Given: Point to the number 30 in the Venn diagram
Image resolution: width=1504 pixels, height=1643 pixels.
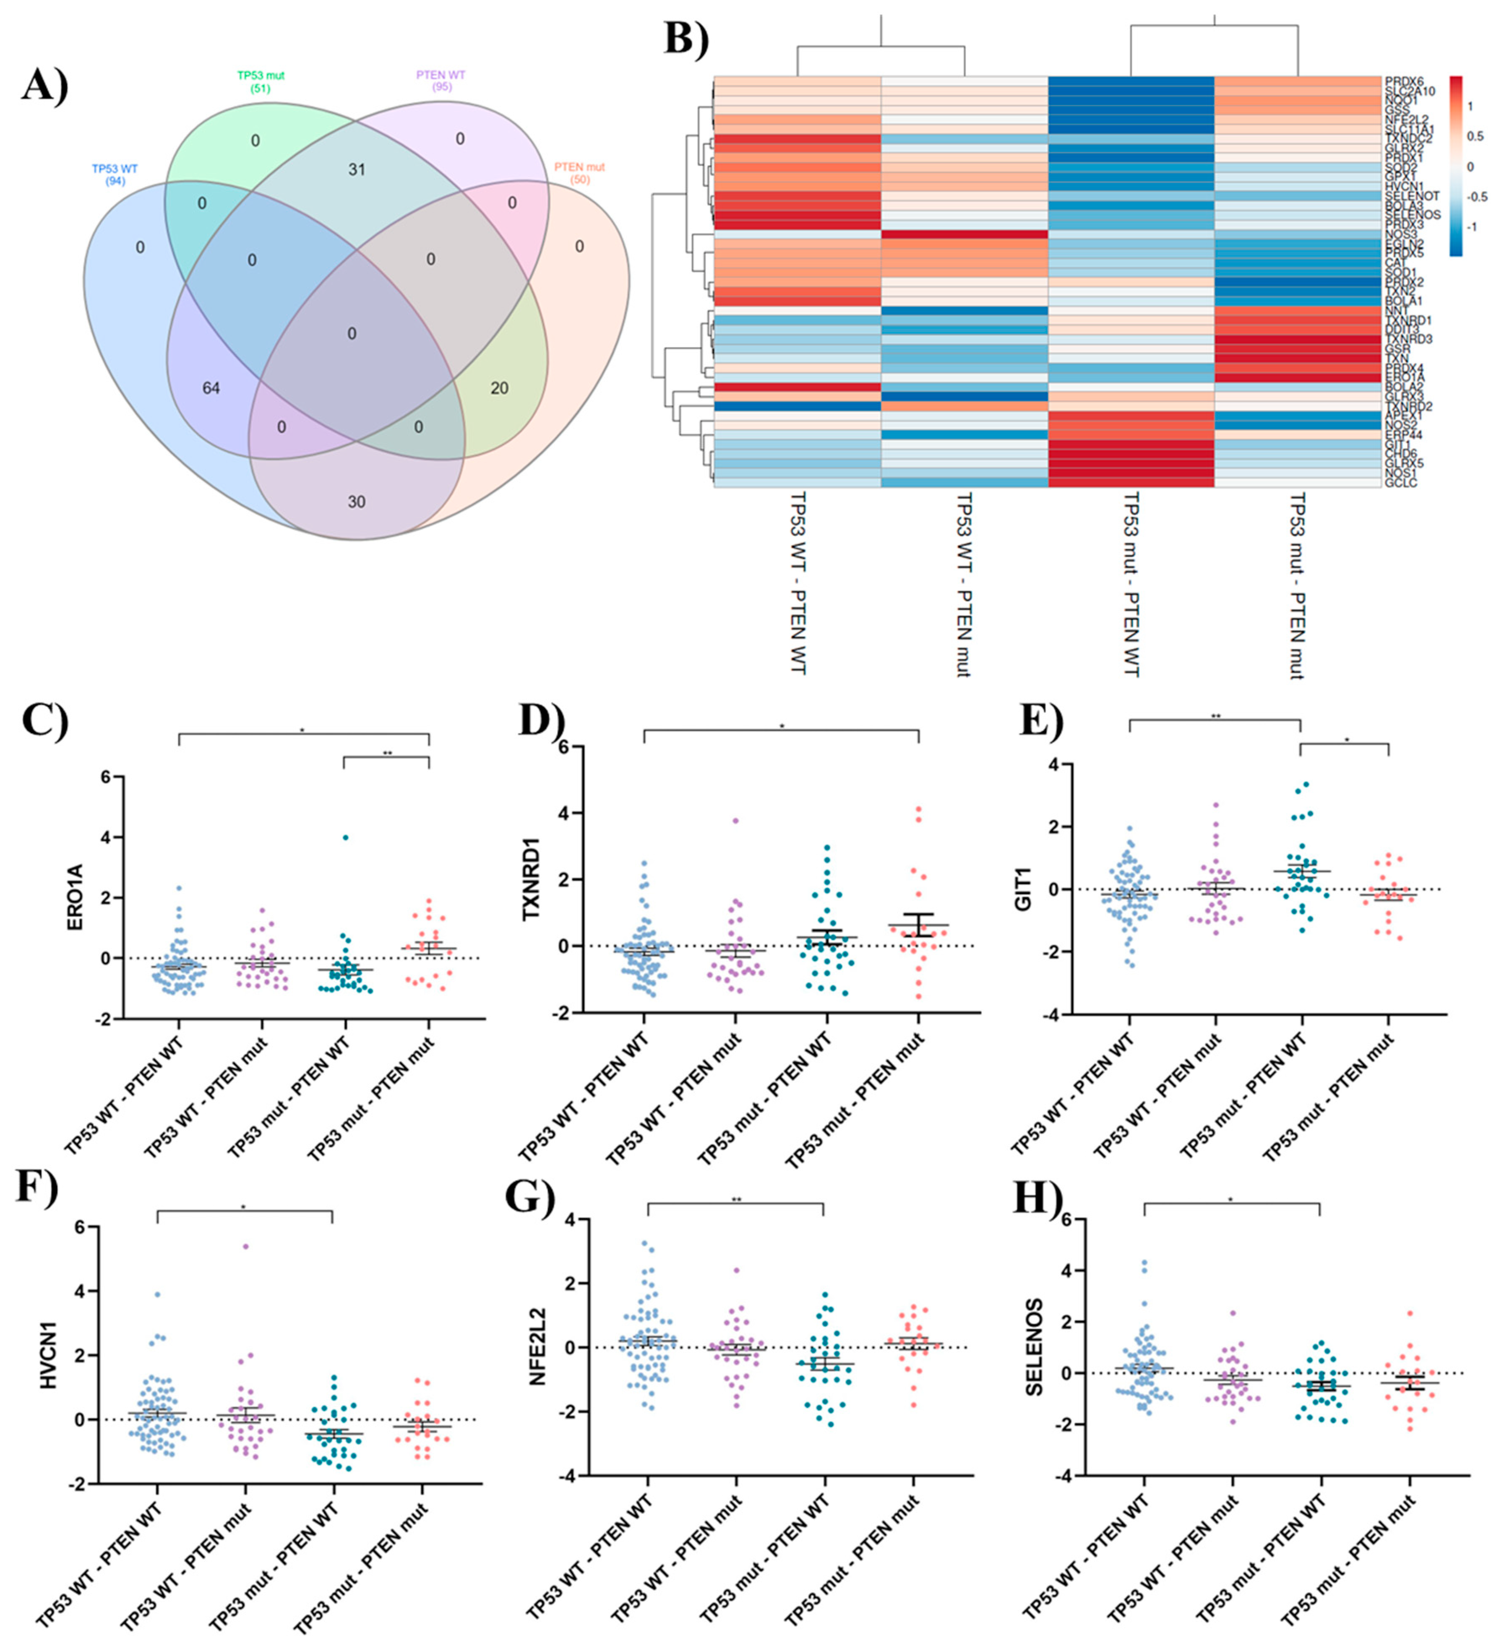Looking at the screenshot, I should coord(356,502).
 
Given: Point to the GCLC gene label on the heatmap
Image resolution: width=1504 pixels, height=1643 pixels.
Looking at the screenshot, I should coord(1400,483).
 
